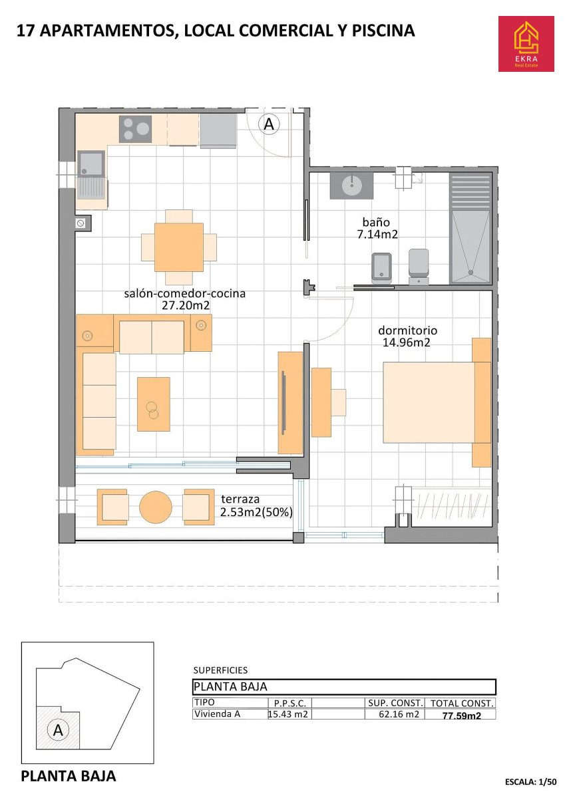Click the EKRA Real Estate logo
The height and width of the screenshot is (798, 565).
pos(526,43)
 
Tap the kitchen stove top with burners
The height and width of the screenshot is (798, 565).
pos(135,129)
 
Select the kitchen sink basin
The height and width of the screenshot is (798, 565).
pos(91,164)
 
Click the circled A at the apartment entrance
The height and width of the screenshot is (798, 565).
pos(269,124)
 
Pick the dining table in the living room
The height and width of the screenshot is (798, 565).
pos(178,247)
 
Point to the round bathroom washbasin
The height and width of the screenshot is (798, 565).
pos(352,185)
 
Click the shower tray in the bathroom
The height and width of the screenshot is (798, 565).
pos(471,246)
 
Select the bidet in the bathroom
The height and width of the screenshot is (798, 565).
pos(381,267)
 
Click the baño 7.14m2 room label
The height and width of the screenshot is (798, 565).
pos(377,228)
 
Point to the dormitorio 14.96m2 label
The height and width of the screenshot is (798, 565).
pos(407,336)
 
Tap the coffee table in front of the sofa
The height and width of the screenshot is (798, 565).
pos(154,404)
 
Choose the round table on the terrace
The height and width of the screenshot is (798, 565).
pos(156,507)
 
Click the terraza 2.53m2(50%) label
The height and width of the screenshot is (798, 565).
pos(256,505)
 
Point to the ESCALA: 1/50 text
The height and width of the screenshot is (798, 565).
pos(530,782)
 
